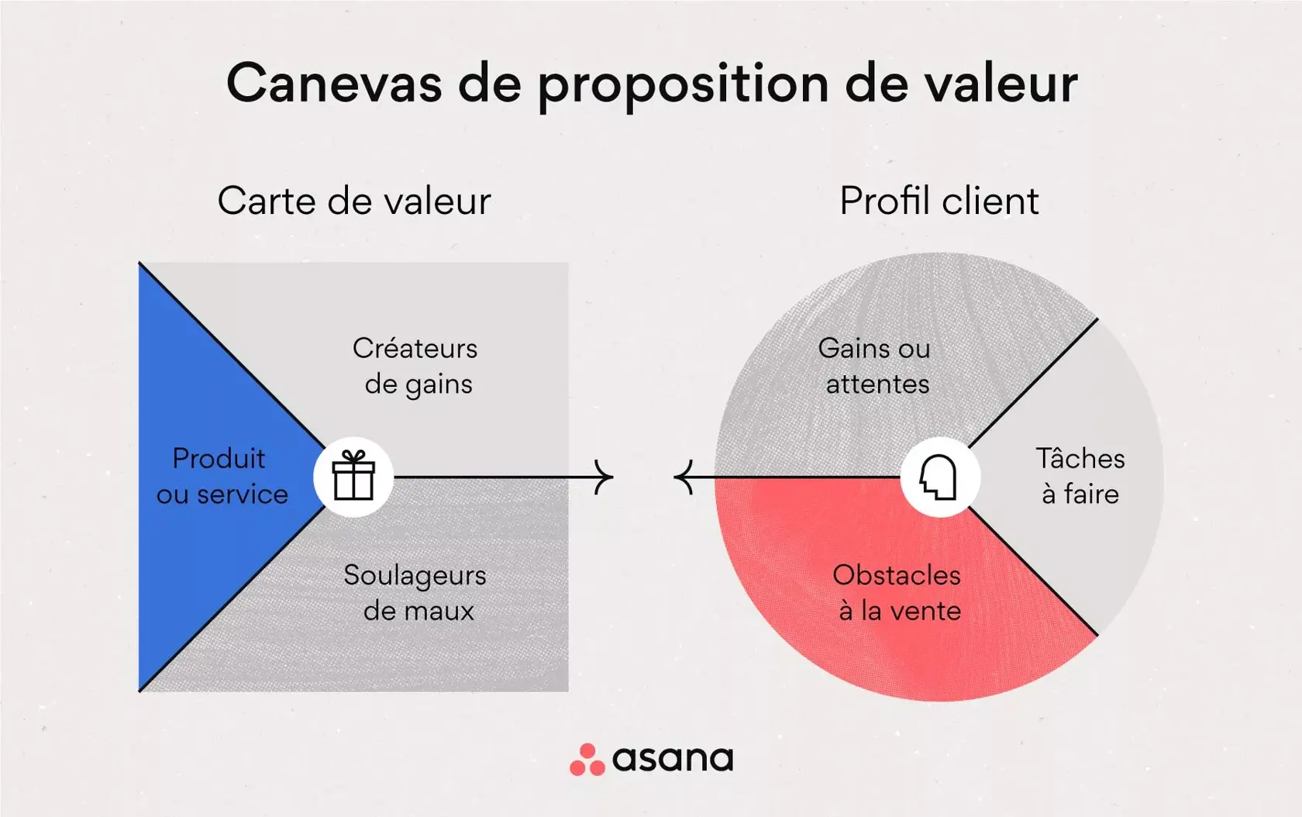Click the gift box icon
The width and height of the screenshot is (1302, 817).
353,477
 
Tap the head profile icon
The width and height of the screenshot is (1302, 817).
939,477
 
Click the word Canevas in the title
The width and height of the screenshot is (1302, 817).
334,83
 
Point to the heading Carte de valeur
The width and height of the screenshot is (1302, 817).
354,201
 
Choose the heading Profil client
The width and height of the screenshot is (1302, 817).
939,201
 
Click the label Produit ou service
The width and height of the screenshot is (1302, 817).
222,476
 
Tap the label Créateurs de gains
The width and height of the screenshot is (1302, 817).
416,366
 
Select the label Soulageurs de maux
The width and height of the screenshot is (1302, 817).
416,593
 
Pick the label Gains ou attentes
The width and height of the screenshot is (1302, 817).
876,366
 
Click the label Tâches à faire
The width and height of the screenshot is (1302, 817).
1080,476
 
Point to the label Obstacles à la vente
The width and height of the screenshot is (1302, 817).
897,593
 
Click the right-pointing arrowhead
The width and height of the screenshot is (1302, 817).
604,477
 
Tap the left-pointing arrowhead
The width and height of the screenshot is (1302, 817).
683,477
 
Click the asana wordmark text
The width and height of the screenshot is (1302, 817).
673,759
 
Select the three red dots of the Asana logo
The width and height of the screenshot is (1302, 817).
587,760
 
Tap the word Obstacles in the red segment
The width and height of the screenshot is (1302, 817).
897,575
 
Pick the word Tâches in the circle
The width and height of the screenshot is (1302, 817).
1080,458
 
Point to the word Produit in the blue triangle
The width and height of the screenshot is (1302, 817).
219,458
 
